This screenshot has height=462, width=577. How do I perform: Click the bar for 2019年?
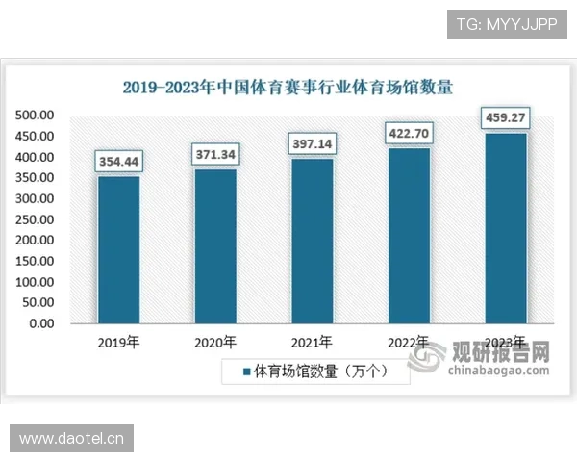coord(118,249)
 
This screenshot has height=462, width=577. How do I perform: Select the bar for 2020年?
coord(215,245)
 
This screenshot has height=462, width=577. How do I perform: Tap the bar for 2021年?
coord(312,241)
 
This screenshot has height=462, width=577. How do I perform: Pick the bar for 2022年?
coord(409,235)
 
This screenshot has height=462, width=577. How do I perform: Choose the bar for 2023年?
coord(506,227)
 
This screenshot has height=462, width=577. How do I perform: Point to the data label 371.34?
coord(215,154)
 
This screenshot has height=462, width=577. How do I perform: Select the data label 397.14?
coord(313,143)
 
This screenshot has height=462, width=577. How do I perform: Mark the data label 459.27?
coord(506,118)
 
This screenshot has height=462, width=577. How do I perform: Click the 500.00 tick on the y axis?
coord(35,115)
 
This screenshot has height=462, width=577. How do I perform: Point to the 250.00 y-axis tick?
coord(35,219)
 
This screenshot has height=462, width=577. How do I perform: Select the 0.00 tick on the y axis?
coord(41,323)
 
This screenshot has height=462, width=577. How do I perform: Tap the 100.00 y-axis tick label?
coord(35,282)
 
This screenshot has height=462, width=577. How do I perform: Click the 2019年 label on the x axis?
coord(118,343)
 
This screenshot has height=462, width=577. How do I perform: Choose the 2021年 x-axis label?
coord(312,343)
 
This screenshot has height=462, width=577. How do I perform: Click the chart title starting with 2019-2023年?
coord(288,87)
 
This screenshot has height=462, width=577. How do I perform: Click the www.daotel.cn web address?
coord(72,439)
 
